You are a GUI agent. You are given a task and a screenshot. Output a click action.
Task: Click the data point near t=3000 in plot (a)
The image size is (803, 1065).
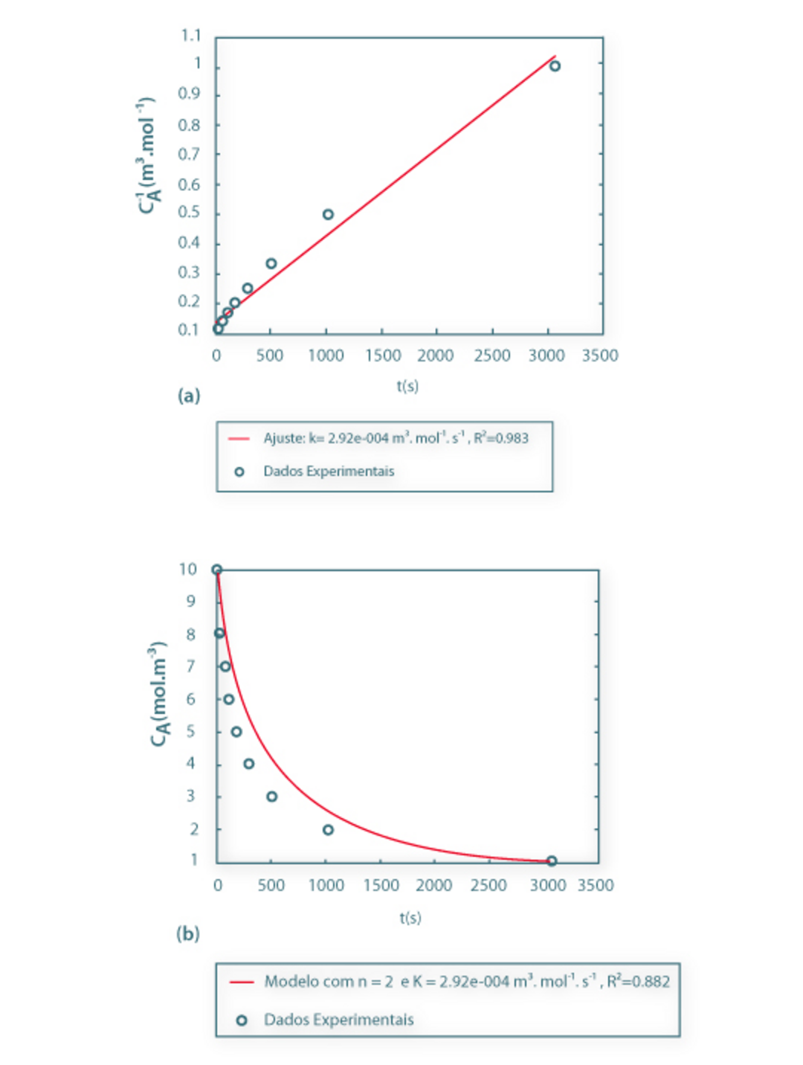[555, 66]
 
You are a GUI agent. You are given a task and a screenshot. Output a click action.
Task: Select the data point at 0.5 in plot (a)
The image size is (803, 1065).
[328, 214]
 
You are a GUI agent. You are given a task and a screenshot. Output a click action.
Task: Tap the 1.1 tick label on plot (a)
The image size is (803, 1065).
[191, 36]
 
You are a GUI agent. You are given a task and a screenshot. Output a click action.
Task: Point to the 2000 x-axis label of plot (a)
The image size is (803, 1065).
[435, 355]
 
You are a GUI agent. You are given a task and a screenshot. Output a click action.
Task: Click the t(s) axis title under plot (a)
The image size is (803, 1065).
[407, 386]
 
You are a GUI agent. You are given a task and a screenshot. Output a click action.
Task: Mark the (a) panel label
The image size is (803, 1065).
[189, 396]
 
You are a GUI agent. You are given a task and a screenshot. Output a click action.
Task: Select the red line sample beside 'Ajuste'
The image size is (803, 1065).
[239, 438]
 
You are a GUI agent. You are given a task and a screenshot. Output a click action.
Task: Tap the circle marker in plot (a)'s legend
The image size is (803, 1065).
[239, 472]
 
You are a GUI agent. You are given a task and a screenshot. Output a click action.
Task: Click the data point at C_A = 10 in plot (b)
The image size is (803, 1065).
[217, 570]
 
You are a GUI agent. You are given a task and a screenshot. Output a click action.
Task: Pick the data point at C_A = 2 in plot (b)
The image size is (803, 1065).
[328, 829]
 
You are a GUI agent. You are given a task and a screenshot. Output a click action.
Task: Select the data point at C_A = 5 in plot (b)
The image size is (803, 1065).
[236, 732]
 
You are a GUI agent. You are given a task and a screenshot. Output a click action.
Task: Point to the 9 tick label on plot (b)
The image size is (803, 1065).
[191, 602]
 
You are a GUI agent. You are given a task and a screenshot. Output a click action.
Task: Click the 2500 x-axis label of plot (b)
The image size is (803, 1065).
[488, 885]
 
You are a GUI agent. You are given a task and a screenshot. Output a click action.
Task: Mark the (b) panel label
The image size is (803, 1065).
[188, 933]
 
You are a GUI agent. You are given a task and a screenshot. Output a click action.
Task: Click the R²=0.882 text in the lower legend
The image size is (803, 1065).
[639, 982]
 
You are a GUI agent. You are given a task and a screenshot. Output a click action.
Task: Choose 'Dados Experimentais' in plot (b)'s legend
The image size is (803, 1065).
[339, 1020]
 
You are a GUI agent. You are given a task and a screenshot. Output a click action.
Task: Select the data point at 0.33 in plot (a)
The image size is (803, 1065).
[271, 263]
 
